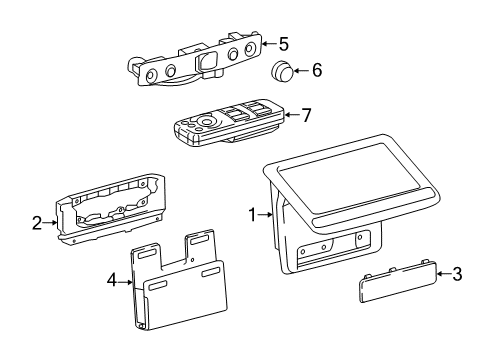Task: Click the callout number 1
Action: tap(254, 213)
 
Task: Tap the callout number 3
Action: tap(457, 273)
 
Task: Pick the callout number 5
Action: tap(283, 44)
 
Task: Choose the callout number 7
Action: tap(306, 115)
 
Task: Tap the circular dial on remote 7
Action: tap(205, 124)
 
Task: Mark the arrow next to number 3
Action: tap(443, 273)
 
